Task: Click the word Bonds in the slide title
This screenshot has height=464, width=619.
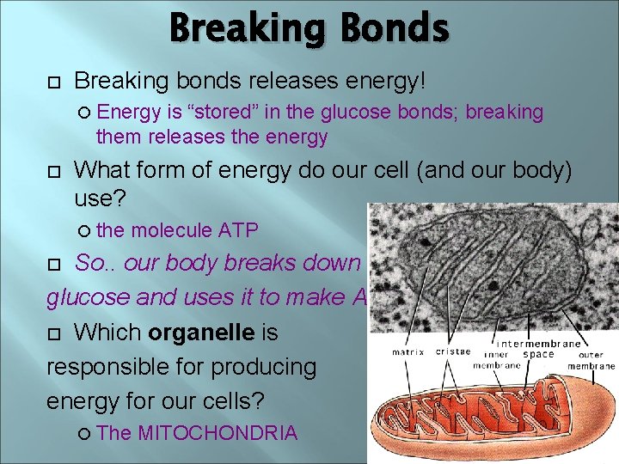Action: [393, 28]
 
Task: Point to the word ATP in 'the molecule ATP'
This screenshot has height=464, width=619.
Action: [238, 229]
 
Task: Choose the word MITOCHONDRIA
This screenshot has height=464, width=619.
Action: [218, 432]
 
